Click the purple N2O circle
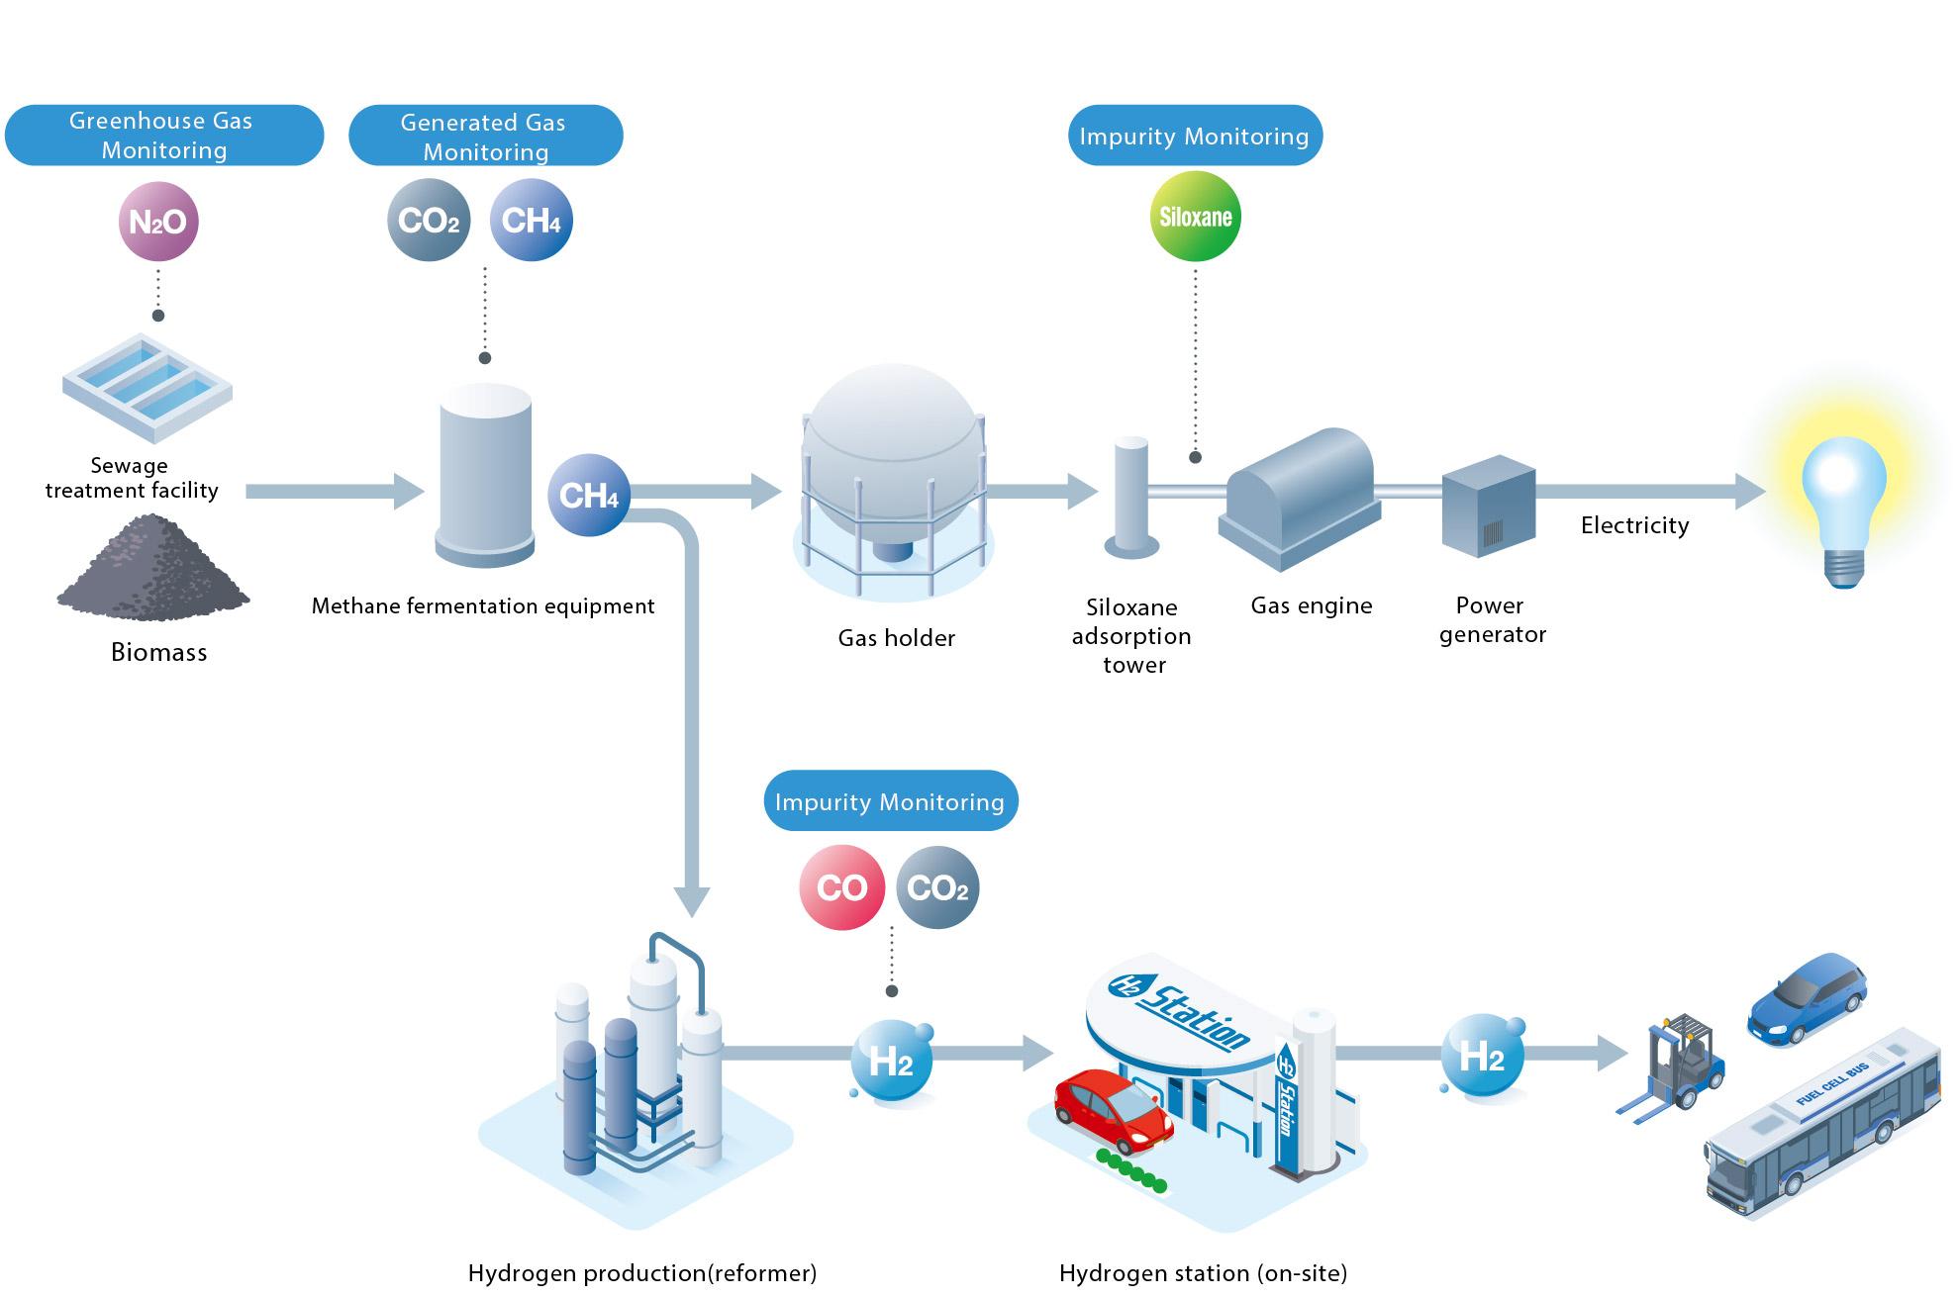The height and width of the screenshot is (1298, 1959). pyautogui.click(x=158, y=222)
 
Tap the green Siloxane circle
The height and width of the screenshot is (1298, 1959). pyautogui.click(x=1195, y=217)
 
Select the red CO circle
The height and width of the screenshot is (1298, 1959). pyautogui.click(x=841, y=887)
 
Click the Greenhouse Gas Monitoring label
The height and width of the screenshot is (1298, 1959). pyautogui.click(x=164, y=136)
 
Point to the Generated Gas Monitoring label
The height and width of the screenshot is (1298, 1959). pyautogui.click(x=485, y=137)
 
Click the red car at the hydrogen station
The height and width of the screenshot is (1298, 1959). pyautogui.click(x=1113, y=1109)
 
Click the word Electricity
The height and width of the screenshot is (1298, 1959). pyautogui.click(x=1634, y=525)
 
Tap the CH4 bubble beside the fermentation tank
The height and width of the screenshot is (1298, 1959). pyautogui.click(x=589, y=495)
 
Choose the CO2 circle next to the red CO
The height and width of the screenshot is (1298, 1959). pyautogui.click(x=937, y=887)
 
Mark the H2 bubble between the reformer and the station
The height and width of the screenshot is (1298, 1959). pyautogui.click(x=891, y=1062)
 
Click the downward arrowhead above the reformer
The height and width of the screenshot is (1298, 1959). pyautogui.click(x=692, y=900)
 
